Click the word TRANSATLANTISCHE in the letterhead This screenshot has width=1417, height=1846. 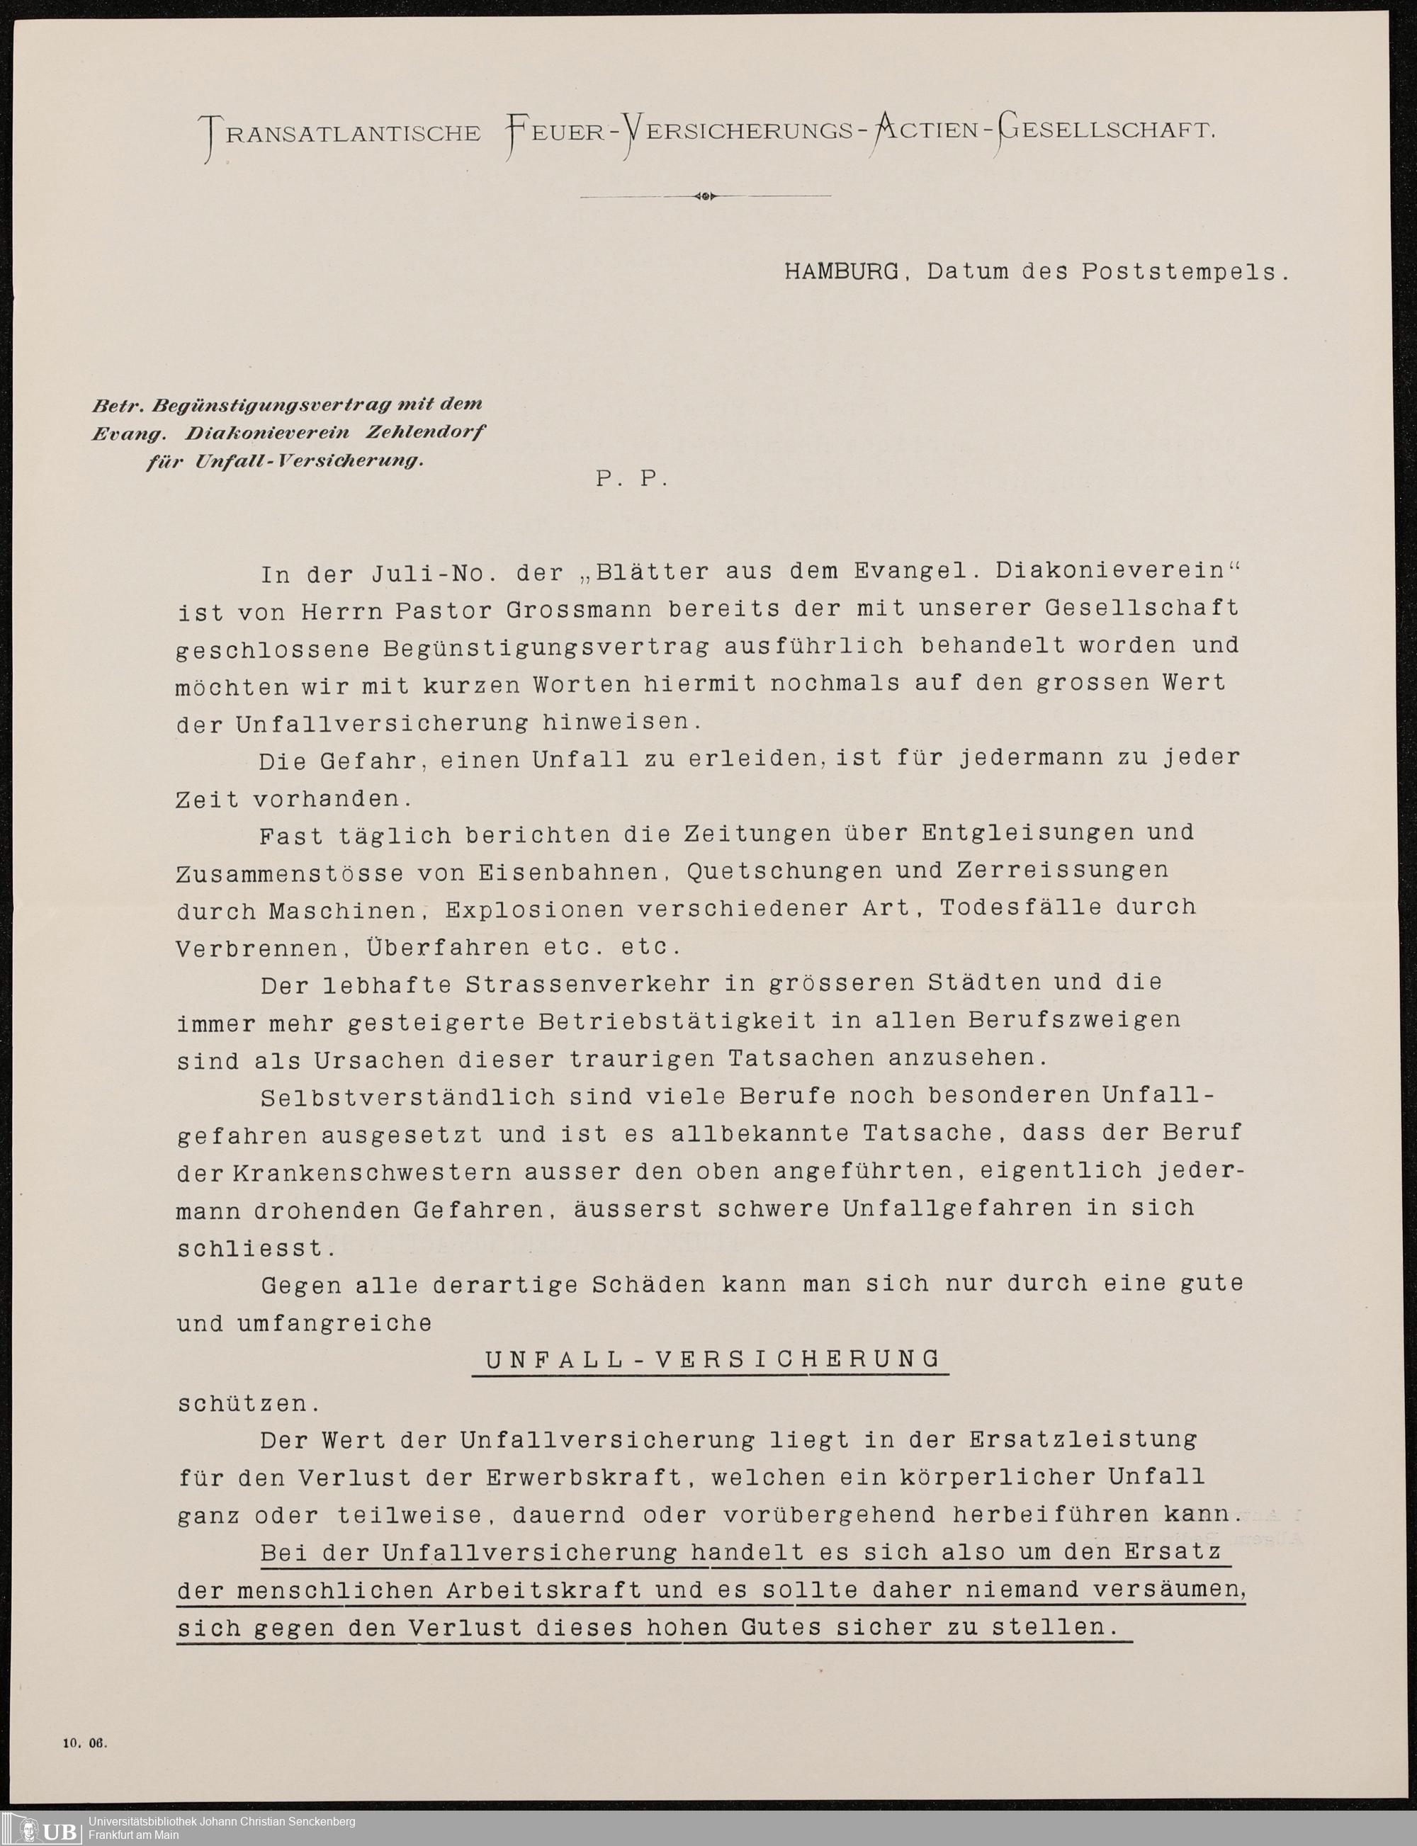coord(340,133)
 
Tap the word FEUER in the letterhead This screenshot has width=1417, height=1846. coord(555,133)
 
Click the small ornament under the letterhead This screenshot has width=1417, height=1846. coord(705,196)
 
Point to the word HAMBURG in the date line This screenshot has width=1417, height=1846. coord(841,271)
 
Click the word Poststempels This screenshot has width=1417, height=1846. coord(1185,273)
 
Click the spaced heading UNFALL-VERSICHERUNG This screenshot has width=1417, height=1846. coord(713,1359)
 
